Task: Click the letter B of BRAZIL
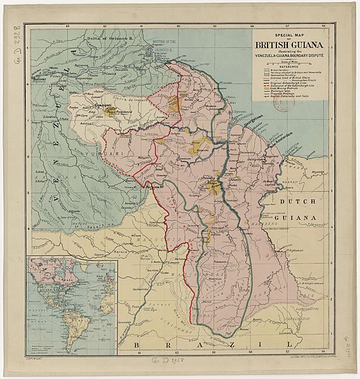pyautogui.click(x=140, y=342)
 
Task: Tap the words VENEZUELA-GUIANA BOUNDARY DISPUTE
pyautogui.click(x=289, y=55)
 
